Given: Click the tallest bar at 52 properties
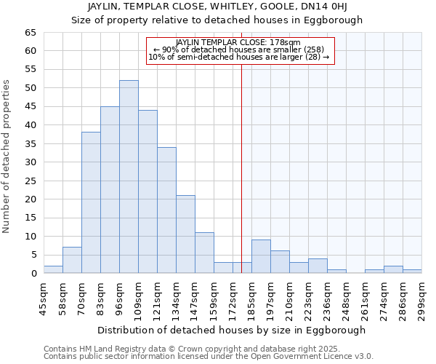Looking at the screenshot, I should point(129,177).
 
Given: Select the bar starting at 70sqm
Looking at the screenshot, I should point(91,202).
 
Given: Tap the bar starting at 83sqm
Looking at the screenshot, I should point(110,190).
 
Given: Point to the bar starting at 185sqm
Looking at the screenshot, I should point(261,256).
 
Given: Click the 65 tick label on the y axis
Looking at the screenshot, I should point(30,33).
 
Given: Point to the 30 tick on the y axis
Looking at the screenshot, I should point(30,162).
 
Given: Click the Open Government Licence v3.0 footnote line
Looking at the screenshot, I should point(208,356).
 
